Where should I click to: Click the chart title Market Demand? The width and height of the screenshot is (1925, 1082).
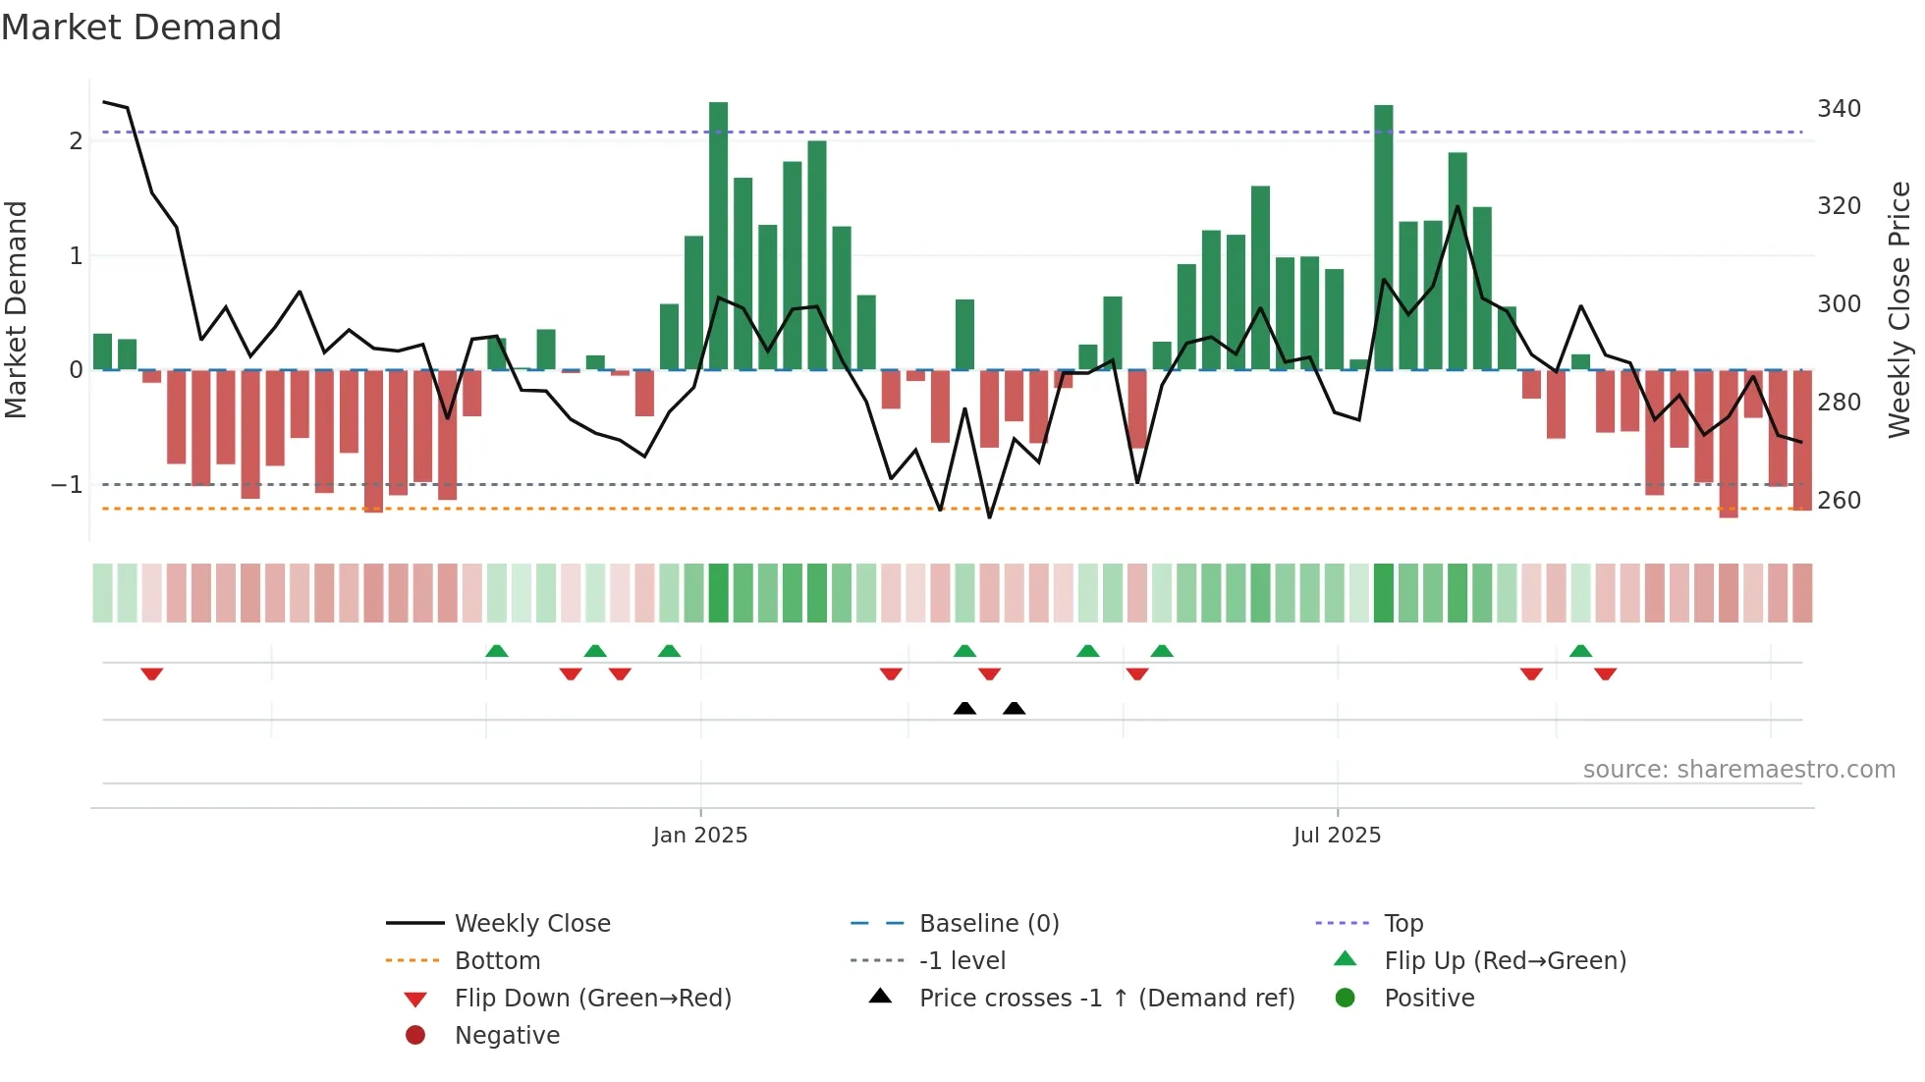[141, 27]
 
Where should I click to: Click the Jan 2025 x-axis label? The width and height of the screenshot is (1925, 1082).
[700, 836]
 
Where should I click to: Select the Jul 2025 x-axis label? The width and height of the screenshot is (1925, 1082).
[1337, 836]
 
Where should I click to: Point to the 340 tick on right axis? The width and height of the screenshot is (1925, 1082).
[1839, 109]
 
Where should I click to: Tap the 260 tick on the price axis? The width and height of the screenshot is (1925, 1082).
[1839, 501]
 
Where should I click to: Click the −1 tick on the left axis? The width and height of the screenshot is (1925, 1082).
[67, 485]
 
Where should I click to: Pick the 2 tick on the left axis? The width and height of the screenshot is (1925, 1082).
[76, 141]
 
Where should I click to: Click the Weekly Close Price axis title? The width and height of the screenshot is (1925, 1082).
[1899, 309]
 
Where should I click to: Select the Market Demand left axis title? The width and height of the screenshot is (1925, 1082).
[17, 309]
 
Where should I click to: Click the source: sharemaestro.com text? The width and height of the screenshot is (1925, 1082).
[1738, 770]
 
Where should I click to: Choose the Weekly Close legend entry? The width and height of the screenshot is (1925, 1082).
[531, 924]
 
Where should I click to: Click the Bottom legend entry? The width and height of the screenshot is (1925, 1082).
[497, 961]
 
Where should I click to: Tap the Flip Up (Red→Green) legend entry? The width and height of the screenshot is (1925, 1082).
[1505, 961]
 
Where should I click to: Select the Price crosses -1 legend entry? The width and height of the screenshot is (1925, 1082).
[1106, 999]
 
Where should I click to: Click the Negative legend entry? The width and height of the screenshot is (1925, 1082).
[507, 1036]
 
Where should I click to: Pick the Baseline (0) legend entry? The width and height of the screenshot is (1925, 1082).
[988, 924]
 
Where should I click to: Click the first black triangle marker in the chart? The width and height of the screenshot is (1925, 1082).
[964, 709]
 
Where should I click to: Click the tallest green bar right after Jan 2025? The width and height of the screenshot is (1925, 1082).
[718, 236]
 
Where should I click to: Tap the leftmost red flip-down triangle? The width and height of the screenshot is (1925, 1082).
[151, 674]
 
